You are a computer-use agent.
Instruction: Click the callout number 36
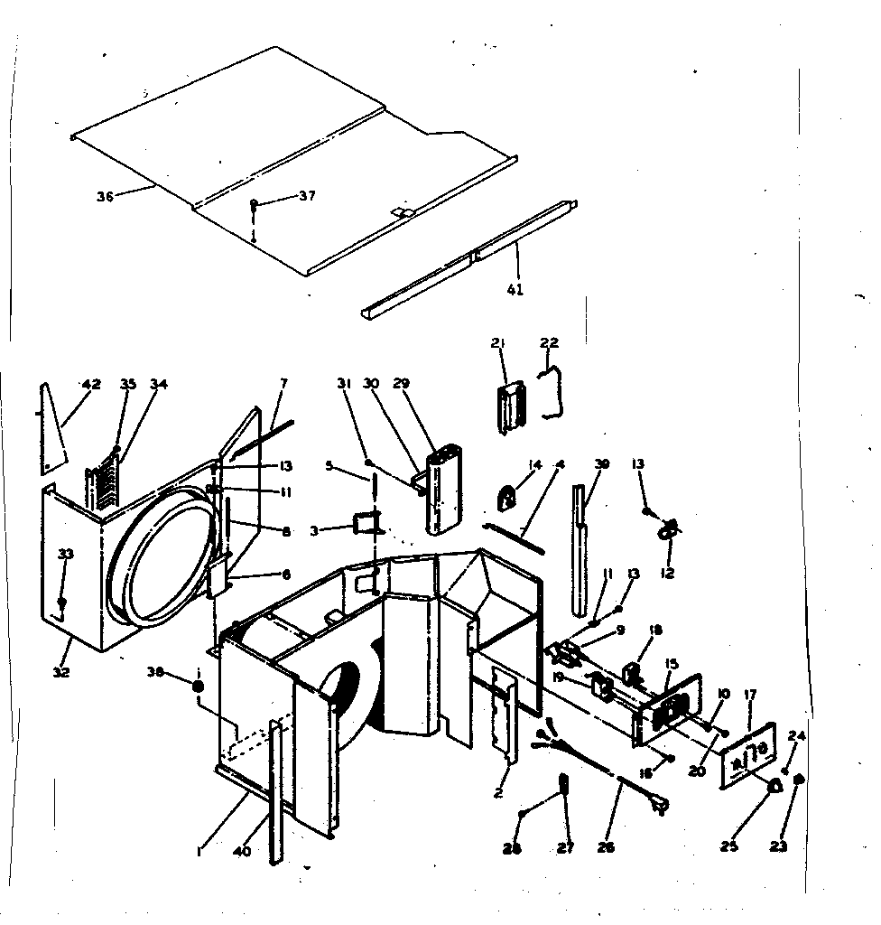pos(106,196)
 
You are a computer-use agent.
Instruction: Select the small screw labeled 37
pos(255,205)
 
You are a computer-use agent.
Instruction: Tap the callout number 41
pos(515,290)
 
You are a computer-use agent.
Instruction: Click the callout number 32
pos(61,672)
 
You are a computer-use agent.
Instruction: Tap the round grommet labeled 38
pos(198,687)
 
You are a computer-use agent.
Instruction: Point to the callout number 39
pos(602,463)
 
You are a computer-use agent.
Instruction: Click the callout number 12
pos(668,573)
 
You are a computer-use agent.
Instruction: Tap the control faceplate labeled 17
pos(747,752)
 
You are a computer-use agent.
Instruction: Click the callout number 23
pos(779,846)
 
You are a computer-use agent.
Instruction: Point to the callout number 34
pos(159,384)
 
